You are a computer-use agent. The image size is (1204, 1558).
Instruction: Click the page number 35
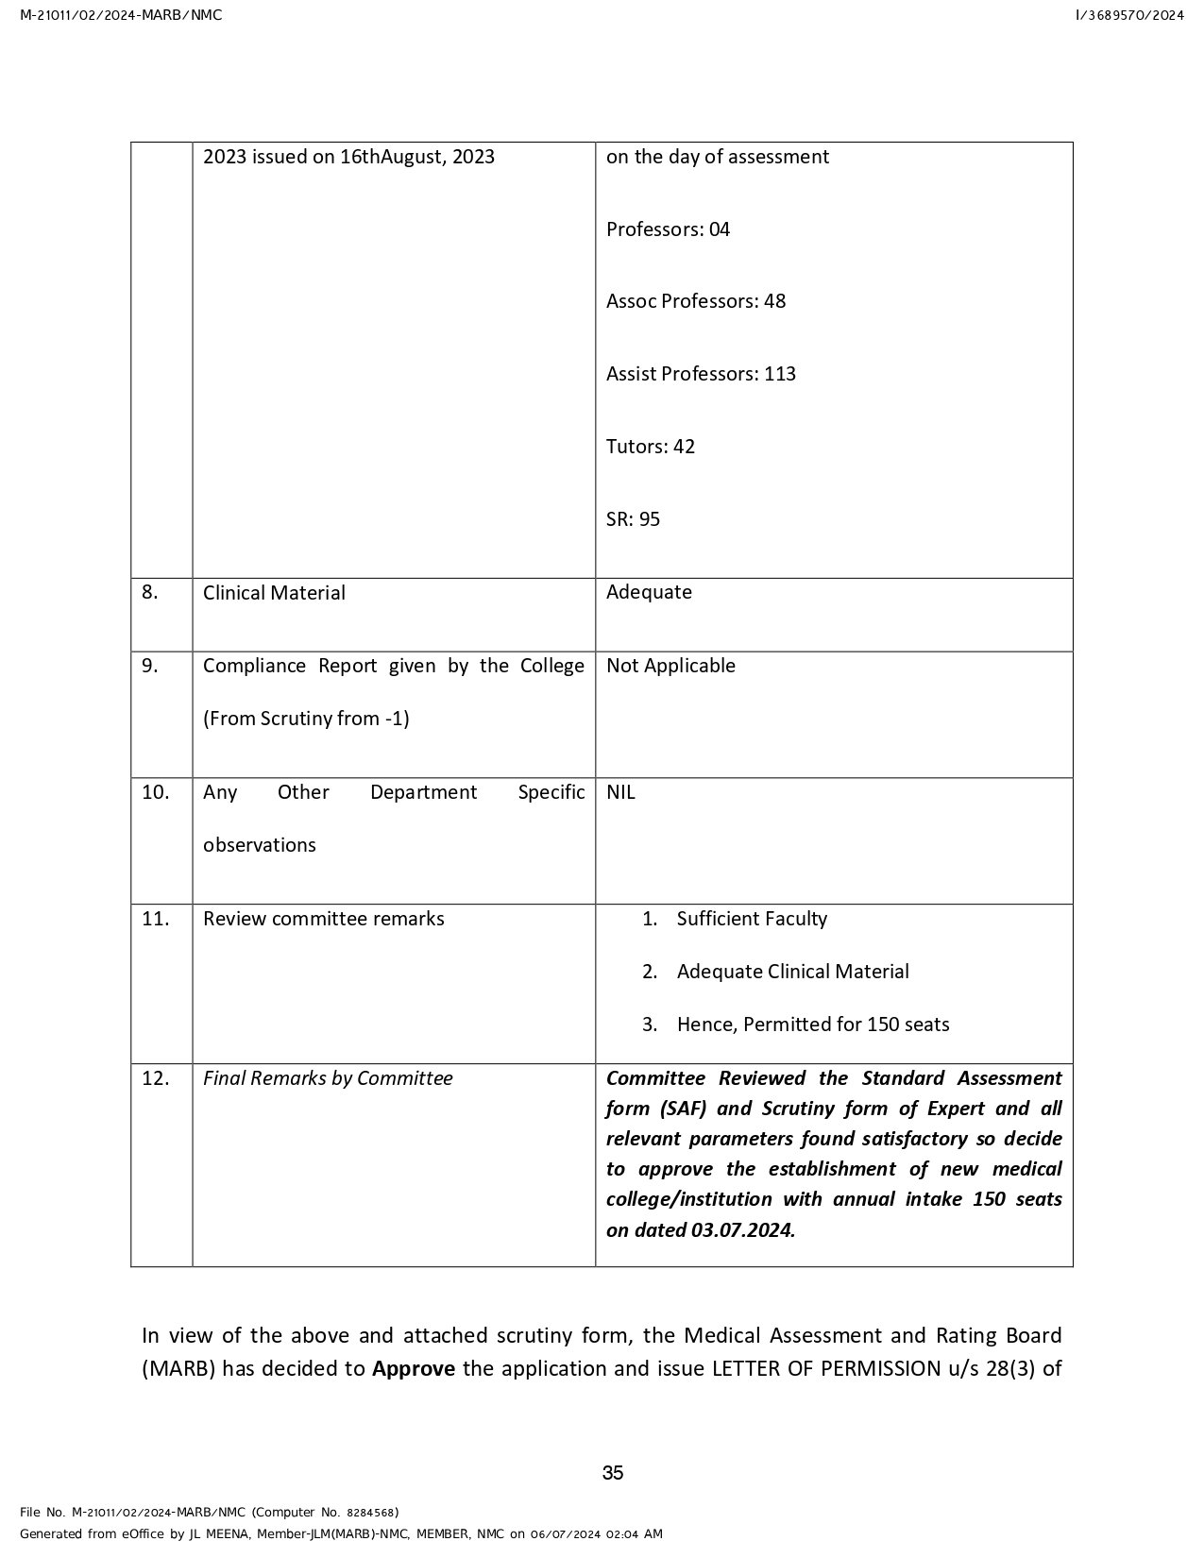coord(612,1472)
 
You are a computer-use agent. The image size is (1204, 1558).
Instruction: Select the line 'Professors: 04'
coord(668,229)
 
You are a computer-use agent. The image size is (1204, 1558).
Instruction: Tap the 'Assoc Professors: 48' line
coord(695,301)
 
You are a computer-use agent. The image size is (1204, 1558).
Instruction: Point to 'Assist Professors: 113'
coord(701,374)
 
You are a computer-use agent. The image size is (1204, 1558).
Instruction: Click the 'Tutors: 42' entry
coord(650,447)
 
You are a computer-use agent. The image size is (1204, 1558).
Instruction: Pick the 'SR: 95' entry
coord(633,519)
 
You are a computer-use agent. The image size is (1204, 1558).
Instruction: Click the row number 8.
coord(150,592)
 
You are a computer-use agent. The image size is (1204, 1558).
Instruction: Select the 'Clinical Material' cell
coord(274,593)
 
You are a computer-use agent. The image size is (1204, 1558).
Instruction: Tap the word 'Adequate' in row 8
coord(649,592)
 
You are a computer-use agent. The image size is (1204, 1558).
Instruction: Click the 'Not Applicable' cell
coord(670,666)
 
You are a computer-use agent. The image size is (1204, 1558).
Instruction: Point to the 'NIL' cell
coord(620,792)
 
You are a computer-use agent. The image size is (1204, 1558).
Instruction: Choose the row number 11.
coord(155,919)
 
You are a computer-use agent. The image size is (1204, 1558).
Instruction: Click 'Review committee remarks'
coord(323,919)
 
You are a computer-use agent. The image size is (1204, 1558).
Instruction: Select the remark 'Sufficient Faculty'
coord(752,919)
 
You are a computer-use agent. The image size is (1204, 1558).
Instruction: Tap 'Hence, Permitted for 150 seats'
coord(813,1025)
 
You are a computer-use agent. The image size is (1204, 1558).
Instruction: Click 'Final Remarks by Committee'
coord(328,1078)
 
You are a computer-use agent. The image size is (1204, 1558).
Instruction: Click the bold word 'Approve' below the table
coord(413,1369)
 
